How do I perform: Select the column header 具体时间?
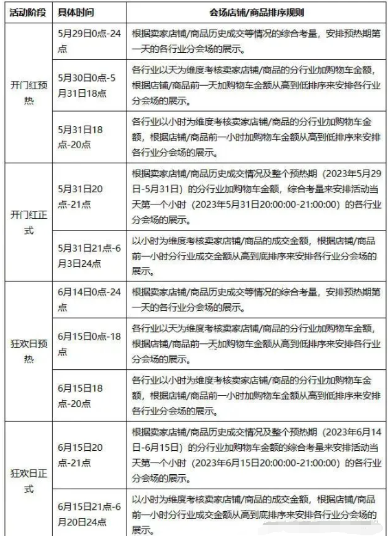[76, 12]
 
